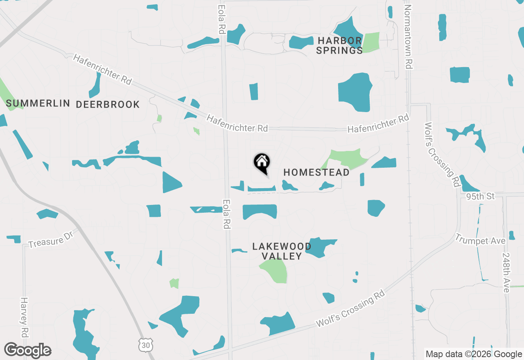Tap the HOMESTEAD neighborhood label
316,173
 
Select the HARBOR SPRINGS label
340,45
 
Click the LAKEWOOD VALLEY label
282,251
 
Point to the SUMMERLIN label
38,103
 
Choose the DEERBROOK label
108,105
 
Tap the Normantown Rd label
408,37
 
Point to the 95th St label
481,197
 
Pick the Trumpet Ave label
480,240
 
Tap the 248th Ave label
506,272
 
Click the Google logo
28,351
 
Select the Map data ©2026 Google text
474,354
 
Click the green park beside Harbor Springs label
371,42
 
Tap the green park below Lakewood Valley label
274,270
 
